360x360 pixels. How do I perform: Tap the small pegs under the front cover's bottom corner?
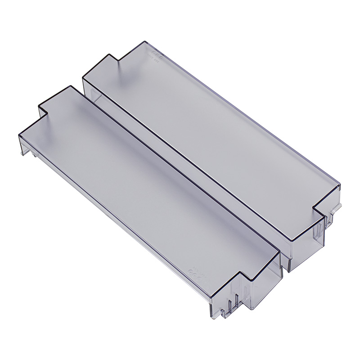click(232, 304)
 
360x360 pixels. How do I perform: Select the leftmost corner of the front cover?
click(18, 135)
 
